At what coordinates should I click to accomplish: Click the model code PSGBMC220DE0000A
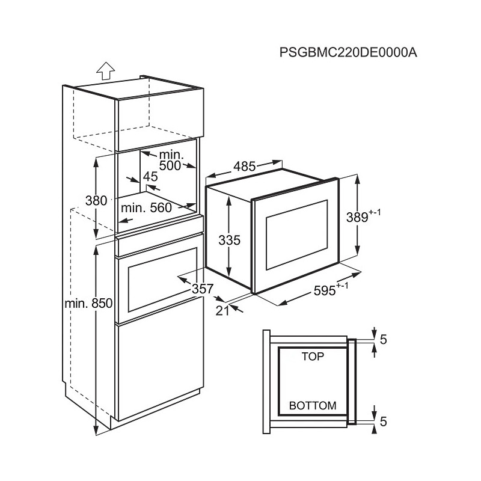point(348,52)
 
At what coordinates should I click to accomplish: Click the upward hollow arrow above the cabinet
point(105,71)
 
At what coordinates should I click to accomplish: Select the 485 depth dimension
point(244,167)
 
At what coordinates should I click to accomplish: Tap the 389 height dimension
point(363,216)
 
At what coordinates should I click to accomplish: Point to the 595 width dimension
point(331,290)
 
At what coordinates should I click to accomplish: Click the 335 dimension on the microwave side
point(230,240)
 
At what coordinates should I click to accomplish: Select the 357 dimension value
point(203,289)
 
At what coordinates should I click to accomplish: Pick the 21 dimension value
point(222,311)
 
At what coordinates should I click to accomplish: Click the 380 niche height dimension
point(96,201)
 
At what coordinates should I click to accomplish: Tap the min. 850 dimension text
point(88,304)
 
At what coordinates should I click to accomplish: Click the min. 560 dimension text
point(146,208)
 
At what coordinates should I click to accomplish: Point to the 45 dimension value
point(150,177)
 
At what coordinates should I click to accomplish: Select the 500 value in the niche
point(170,166)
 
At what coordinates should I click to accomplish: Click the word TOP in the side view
point(313,357)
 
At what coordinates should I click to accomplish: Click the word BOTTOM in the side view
point(313,405)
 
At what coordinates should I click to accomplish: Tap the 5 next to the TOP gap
point(383,339)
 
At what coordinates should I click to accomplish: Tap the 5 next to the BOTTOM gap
point(383,421)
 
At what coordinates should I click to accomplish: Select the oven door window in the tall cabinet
point(162,280)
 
